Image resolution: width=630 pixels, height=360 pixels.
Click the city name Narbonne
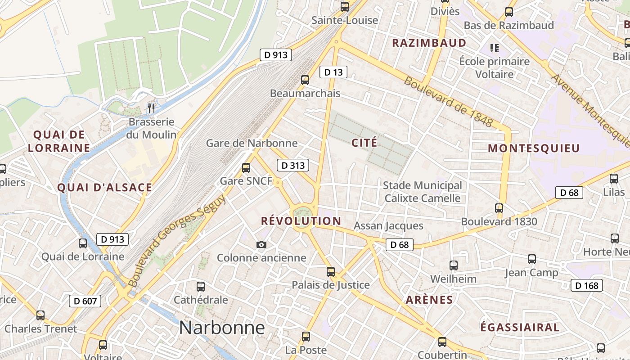[x=222, y=328]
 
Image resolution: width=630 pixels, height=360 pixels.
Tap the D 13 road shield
[x=333, y=72]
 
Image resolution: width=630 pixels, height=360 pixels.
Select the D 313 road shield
[x=293, y=166]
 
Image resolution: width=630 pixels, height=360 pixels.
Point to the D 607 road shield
[x=85, y=301]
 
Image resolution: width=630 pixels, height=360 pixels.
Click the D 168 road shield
[x=586, y=285]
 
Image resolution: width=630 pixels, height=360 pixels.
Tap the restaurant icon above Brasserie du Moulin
[x=151, y=108]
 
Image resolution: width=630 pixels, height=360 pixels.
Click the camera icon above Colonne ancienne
[x=261, y=244]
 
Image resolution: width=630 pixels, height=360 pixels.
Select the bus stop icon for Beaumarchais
[x=305, y=80]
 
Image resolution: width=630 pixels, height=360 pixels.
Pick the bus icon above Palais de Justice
[x=331, y=271]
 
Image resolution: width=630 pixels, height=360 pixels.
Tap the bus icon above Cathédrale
[x=201, y=286]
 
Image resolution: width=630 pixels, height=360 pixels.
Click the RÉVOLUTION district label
[x=301, y=221]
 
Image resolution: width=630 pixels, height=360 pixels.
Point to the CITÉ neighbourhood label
[x=364, y=143]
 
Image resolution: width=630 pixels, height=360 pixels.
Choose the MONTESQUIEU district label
[x=534, y=148]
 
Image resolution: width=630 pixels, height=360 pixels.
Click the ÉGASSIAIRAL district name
[x=520, y=327]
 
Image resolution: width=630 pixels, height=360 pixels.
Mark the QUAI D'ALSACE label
[x=105, y=188]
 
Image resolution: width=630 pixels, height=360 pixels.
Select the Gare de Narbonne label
[x=252, y=143]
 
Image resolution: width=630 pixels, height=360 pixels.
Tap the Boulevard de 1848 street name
[x=448, y=101]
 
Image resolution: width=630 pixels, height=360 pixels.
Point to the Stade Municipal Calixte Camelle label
[x=422, y=192]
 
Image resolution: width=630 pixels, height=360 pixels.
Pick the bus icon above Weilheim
[x=453, y=265]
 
